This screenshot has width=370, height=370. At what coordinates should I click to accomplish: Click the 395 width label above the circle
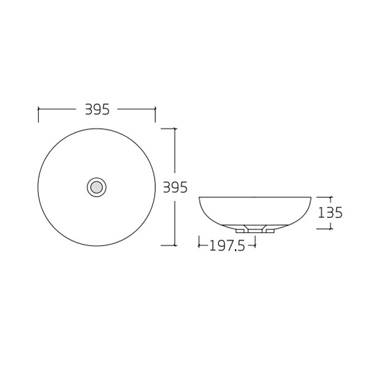97,109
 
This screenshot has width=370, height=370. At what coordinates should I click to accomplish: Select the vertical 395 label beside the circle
175,187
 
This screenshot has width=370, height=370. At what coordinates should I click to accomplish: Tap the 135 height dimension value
330,213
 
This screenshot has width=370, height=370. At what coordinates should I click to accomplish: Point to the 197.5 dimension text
227,246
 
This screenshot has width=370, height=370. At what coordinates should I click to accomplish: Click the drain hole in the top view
96,186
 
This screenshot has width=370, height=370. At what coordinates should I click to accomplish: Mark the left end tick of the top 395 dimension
38,109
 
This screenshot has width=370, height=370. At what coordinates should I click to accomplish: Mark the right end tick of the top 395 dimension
155,109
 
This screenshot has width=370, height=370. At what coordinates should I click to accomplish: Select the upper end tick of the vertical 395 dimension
176,128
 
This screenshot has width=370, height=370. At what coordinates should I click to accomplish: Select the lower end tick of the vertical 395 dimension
176,245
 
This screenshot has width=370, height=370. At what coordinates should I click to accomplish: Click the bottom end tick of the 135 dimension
330,228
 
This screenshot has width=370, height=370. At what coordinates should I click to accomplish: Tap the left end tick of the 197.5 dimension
199,245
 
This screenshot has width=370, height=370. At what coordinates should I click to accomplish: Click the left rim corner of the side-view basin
200,198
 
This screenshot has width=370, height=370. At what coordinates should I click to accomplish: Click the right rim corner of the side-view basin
310,198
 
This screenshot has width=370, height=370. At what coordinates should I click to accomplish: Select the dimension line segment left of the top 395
59,109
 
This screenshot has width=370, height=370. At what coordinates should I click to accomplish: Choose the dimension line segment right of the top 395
136,109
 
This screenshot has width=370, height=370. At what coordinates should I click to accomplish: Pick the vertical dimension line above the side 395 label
176,154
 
